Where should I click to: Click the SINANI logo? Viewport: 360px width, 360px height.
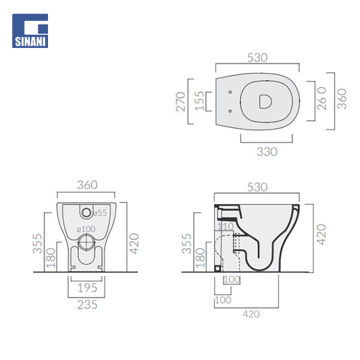click(30, 31)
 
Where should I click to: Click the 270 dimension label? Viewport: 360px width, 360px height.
click(180, 102)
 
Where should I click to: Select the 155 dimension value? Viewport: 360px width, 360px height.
click(199, 101)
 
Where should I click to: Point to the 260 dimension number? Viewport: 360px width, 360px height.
click(322, 99)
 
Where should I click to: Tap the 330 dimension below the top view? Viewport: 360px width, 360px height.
click(267, 152)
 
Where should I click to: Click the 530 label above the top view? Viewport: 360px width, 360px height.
click(257, 57)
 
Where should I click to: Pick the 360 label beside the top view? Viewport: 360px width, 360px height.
click(342, 99)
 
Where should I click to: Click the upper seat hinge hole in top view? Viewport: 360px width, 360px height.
click(230, 92)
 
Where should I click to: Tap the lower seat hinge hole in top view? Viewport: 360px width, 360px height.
click(230, 111)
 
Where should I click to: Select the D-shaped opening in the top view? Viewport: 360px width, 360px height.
click(265, 101)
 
